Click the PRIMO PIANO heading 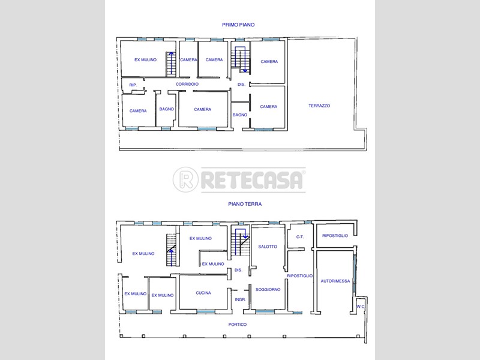pyautogui.click(x=238, y=25)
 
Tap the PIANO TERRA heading pyautogui.click(x=245, y=204)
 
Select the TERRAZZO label pyautogui.click(x=319, y=106)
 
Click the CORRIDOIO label pyautogui.click(x=187, y=84)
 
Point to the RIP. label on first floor pyautogui.click(x=133, y=85)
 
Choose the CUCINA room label pyautogui.click(x=203, y=293)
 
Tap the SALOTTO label pyautogui.click(x=268, y=247)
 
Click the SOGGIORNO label pyautogui.click(x=268, y=289)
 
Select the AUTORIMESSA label pyautogui.click(x=335, y=281)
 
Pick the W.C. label pyautogui.click(x=361, y=307)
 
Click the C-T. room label pyautogui.click(x=300, y=236)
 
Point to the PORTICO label pyautogui.click(x=238, y=324)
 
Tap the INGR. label pyautogui.click(x=241, y=299)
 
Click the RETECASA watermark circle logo pyautogui.click(x=185, y=179)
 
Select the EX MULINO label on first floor pyautogui.click(x=145, y=59)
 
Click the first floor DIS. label pyautogui.click(x=242, y=84)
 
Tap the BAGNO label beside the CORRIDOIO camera pyautogui.click(x=167, y=109)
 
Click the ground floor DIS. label pyautogui.click(x=238, y=270)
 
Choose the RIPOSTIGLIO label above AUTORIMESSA pyautogui.click(x=335, y=235)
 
